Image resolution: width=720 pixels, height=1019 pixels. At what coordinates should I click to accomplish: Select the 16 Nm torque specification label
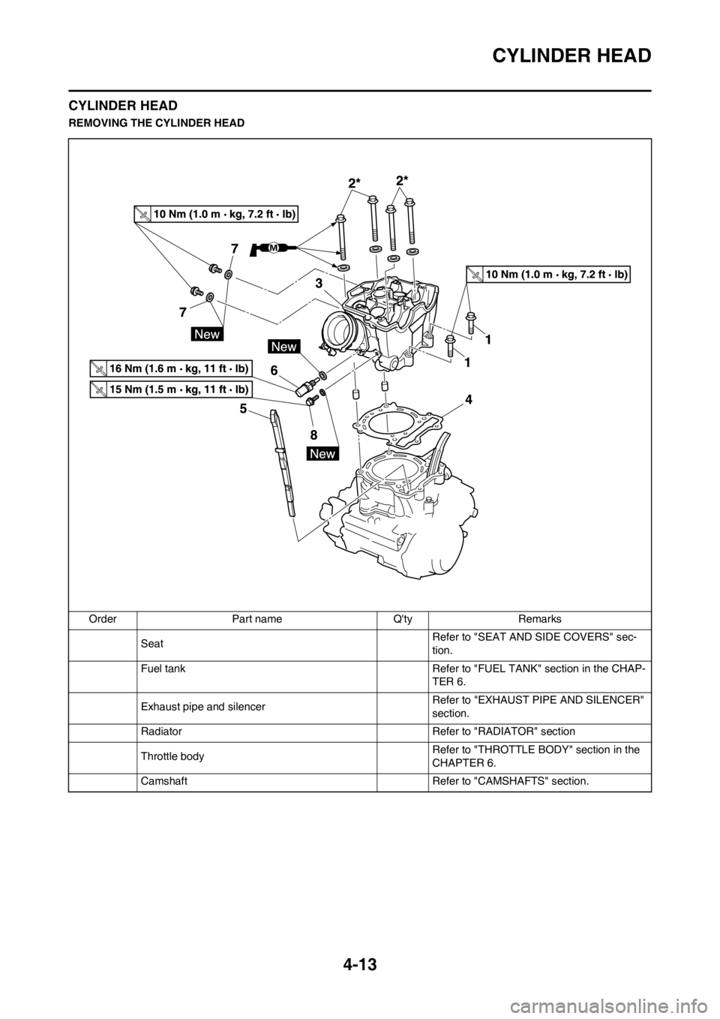tap(169, 368)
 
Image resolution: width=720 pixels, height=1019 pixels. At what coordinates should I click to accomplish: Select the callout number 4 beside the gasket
tap(468, 401)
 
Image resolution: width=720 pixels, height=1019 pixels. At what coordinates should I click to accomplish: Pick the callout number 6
tap(274, 370)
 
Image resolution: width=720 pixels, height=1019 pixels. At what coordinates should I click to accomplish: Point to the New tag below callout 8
tap(323, 454)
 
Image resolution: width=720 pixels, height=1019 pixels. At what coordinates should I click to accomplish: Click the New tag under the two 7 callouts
tap(206, 334)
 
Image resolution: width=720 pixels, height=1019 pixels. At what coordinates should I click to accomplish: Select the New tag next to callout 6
tap(285, 347)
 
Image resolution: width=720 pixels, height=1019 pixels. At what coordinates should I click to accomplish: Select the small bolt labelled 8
tap(311, 403)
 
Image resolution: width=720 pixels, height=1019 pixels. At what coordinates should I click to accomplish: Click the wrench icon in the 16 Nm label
tap(98, 368)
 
